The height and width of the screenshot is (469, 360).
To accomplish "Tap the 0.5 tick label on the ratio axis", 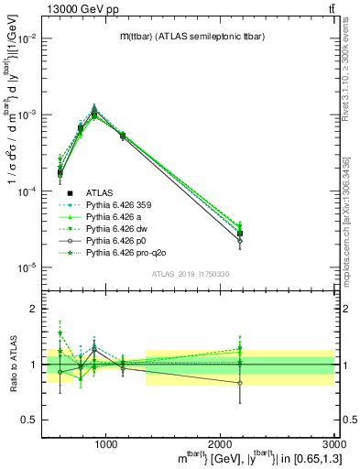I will (x=31, y=420).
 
